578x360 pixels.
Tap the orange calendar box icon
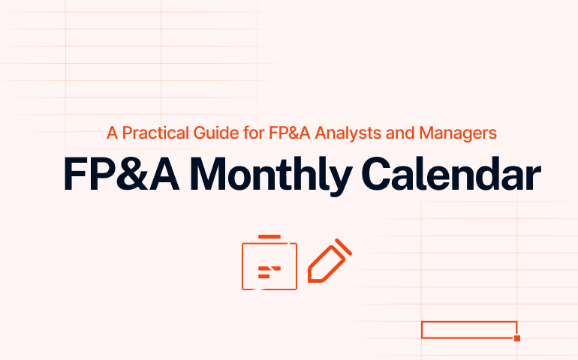[x=269, y=265]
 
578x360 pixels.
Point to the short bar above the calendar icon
[x=269, y=237]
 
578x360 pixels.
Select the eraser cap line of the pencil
[x=344, y=245]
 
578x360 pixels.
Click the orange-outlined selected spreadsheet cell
[x=468, y=329]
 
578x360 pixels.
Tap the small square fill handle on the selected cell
[x=517, y=338]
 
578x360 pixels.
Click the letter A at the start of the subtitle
[x=112, y=133]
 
